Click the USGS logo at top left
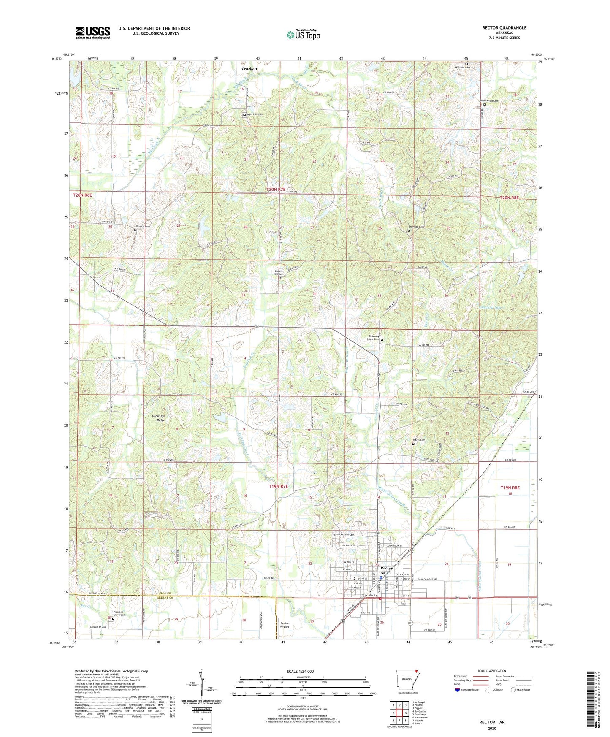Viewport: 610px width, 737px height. pos(93,33)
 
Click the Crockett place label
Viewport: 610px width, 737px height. pos(249,68)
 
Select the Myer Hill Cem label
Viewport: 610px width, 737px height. pos(255,114)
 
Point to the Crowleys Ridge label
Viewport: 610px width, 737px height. pos(158,418)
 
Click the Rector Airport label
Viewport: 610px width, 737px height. pos(285,625)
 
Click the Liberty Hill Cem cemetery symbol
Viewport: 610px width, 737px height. pos(281,278)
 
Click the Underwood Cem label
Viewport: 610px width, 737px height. pos(490,101)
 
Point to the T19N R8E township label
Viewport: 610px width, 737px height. pos(510,488)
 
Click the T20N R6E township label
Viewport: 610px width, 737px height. pos(82,195)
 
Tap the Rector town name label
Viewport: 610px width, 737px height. pos(386,568)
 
